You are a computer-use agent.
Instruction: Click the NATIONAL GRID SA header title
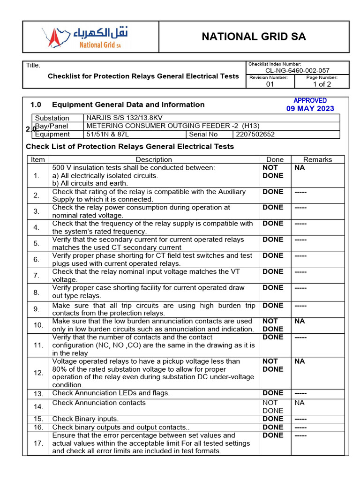pyautogui.click(x=254, y=37)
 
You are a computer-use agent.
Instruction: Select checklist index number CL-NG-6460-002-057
pyautogui.click(x=297, y=70)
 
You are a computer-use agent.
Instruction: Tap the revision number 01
pyautogui.click(x=270, y=84)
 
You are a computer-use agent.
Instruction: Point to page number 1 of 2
pyautogui.click(x=322, y=84)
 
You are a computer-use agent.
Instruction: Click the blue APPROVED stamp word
pyautogui.click(x=310, y=101)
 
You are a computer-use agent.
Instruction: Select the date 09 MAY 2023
pyautogui.click(x=310, y=109)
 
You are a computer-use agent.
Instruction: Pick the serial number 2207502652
pyautogui.click(x=255, y=134)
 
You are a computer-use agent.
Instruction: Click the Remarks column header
pyautogui.click(x=317, y=159)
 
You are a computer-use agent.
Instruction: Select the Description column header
pyautogui.click(x=154, y=159)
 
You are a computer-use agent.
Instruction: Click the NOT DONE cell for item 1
pyautogui.click(x=273, y=172)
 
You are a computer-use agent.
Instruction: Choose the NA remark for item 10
pyautogui.click(x=299, y=321)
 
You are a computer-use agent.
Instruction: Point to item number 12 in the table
pyautogui.click(x=38, y=373)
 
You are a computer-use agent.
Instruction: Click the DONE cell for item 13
pyautogui.click(x=273, y=393)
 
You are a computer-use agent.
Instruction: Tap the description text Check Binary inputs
pyautogui.click(x=85, y=419)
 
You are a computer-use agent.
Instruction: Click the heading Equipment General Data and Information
pyautogui.click(x=128, y=105)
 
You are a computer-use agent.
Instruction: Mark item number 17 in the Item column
pyautogui.click(x=38, y=443)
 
